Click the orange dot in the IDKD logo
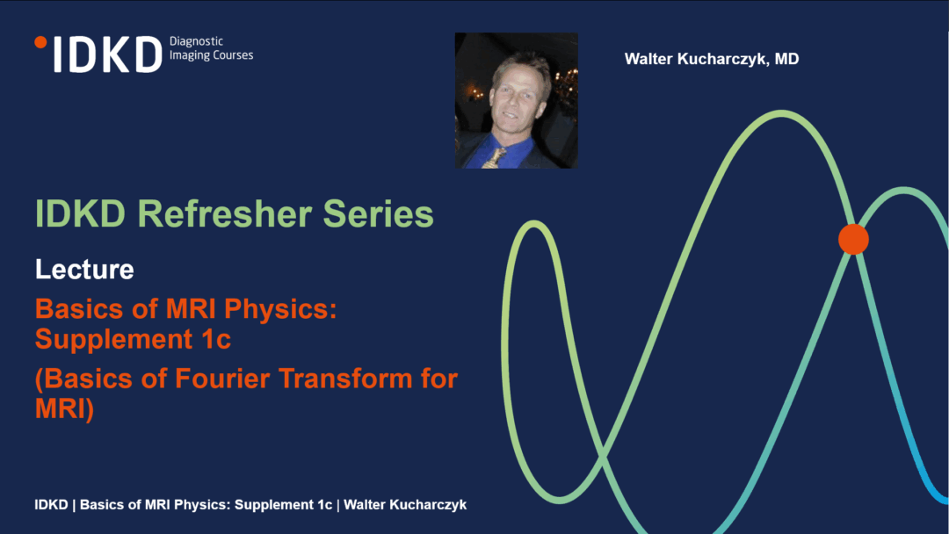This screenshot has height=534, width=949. point(40,42)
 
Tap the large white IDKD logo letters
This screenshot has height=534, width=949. point(108,54)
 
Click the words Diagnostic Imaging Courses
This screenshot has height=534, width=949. point(211,48)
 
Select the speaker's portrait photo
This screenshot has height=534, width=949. point(517,100)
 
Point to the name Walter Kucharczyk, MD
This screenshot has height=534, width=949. point(712,59)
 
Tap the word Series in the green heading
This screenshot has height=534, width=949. point(378,213)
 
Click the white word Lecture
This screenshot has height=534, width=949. point(84,269)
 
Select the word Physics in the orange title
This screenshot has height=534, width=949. point(280,310)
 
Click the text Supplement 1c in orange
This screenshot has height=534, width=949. point(134,339)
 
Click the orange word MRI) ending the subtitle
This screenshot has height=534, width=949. point(64,408)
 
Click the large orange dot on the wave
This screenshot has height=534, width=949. point(853,239)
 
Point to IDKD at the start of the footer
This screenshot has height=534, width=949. point(52,504)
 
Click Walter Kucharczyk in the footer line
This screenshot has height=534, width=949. point(405,505)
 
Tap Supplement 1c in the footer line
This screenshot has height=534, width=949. point(283,505)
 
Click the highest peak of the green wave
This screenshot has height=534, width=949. point(782,113)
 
